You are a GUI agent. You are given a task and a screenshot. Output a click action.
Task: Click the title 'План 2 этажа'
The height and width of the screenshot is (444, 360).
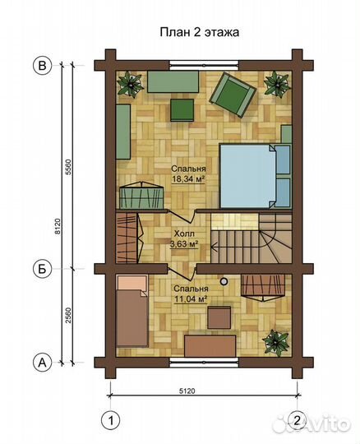pos(200,32)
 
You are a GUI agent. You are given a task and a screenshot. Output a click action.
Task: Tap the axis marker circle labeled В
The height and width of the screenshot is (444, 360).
pos(43,66)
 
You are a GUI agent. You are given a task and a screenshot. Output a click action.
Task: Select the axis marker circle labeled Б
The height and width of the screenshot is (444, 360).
pos(43,269)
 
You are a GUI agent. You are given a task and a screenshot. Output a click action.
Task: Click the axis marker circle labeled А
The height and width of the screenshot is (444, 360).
pos(43,362)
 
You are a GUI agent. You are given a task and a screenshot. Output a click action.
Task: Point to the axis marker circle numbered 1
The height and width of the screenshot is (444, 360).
pos(111,420)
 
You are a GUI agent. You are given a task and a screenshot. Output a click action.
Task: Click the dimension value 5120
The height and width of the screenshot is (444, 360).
pos(187,391)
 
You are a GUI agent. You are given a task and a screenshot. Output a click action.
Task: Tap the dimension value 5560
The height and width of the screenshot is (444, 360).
pos(68,167)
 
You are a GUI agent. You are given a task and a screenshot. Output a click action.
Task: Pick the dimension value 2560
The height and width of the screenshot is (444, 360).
pos(68,316)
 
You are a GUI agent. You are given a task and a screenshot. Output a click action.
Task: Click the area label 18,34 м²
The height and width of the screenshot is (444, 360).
pos(188,179)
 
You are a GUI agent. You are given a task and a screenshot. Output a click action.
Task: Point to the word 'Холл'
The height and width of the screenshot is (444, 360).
pos(184,234)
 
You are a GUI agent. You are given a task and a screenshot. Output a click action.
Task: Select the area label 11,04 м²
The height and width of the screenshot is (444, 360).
pos(191,299)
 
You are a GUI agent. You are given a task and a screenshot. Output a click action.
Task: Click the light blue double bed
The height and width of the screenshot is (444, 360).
pos(248,176)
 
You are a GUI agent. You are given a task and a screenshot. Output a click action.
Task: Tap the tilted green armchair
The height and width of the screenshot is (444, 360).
pos(233,95)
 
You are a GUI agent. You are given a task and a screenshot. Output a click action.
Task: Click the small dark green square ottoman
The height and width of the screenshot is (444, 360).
pos(182,110)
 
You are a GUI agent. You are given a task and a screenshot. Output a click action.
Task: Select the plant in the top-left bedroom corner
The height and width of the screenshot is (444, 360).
pos(131,84)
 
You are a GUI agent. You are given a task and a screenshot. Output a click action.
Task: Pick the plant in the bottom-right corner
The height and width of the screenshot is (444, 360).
pos(276,342)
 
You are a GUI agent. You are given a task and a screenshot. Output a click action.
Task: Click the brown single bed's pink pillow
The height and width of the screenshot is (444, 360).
pos(132,283)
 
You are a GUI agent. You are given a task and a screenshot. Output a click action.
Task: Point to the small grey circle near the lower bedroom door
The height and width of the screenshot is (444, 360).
pos(224,281)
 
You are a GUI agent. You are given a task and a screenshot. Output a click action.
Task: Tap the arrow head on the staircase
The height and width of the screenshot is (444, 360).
pos(215,247)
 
